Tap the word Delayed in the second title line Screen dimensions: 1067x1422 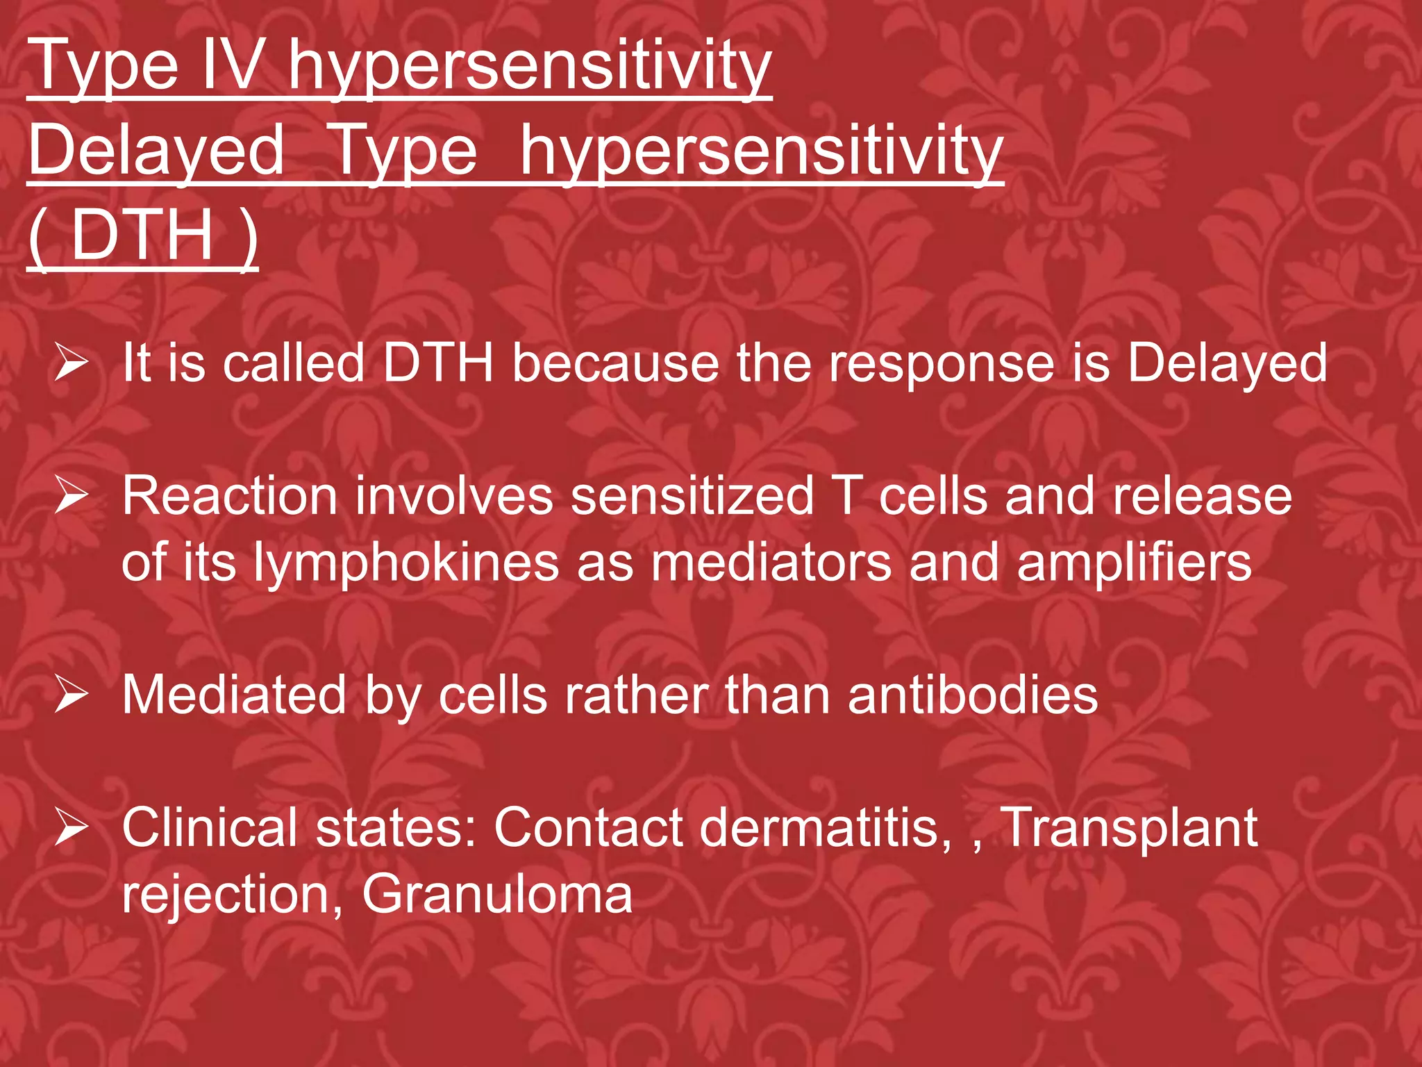pyautogui.click(x=157, y=150)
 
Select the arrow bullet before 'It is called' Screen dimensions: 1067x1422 pyautogui.click(x=72, y=363)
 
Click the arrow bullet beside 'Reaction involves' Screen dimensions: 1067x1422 pyautogui.click(x=72, y=496)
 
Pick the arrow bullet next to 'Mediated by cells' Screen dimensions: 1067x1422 pyautogui.click(x=72, y=695)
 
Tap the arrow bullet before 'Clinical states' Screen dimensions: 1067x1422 pyautogui.click(x=72, y=827)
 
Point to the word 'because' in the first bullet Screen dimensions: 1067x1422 pyautogui.click(x=615, y=363)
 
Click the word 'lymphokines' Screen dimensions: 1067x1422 pyautogui.click(x=405, y=563)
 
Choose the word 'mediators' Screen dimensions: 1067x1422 pyautogui.click(x=771, y=563)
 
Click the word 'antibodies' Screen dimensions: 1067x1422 pyautogui.click(x=973, y=695)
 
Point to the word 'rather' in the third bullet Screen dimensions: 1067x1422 pyautogui.click(x=636, y=695)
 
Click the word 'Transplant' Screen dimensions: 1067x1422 pyautogui.click(x=1128, y=828)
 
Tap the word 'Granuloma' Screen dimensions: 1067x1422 pyautogui.click(x=497, y=894)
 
